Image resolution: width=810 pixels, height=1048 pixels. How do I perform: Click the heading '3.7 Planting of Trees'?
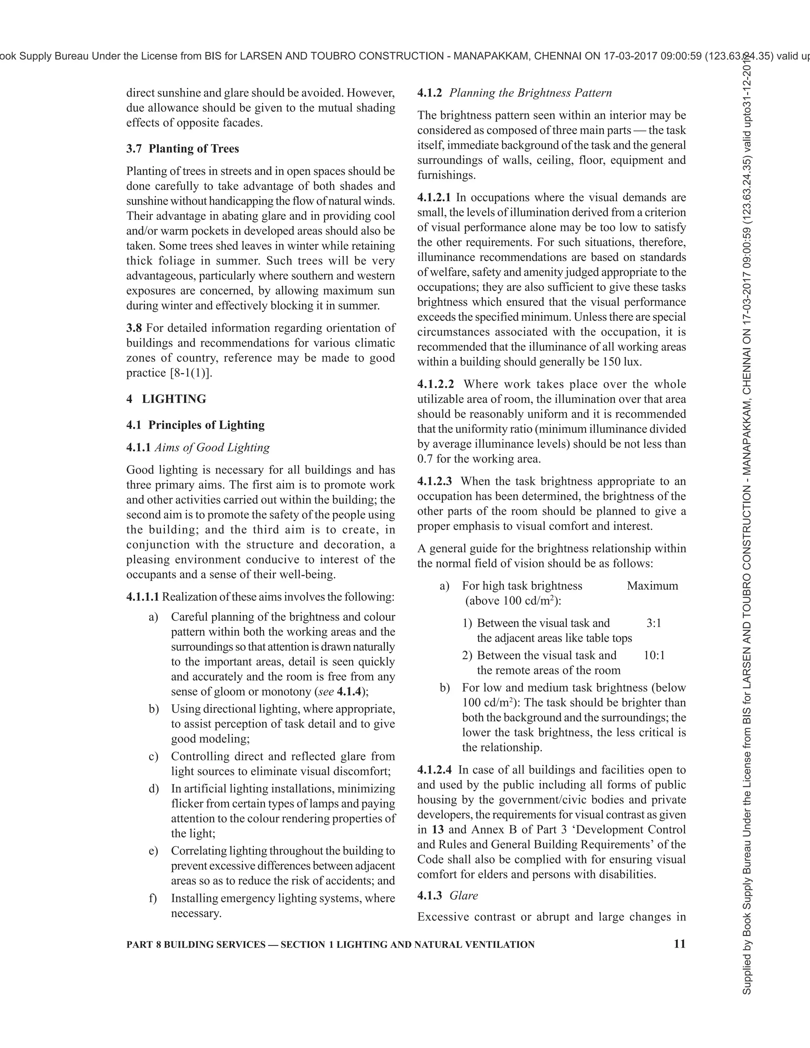(182, 149)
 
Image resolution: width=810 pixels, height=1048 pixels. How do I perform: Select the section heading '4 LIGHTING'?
(167, 399)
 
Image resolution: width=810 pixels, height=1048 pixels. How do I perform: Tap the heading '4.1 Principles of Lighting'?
(195, 425)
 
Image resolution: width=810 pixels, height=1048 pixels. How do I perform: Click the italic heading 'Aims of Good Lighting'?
(212, 448)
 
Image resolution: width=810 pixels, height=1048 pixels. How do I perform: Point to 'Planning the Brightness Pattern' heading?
(530, 93)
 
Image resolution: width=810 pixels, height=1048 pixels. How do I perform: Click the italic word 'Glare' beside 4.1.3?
(464, 896)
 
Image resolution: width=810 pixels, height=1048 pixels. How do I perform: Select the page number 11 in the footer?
(679, 944)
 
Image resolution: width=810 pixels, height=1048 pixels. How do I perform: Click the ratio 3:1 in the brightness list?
(653, 623)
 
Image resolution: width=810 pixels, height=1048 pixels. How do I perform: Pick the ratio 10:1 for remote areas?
(654, 655)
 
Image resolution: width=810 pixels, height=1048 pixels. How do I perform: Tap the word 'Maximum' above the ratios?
(652, 586)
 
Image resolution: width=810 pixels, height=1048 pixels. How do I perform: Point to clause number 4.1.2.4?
(434, 770)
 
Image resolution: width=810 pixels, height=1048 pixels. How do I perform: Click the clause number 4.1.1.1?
(142, 597)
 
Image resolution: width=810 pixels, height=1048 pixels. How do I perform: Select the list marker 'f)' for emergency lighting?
(153, 898)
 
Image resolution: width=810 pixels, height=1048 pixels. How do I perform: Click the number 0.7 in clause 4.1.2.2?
(425, 459)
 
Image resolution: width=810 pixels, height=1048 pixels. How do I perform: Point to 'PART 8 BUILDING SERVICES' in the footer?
(195, 945)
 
